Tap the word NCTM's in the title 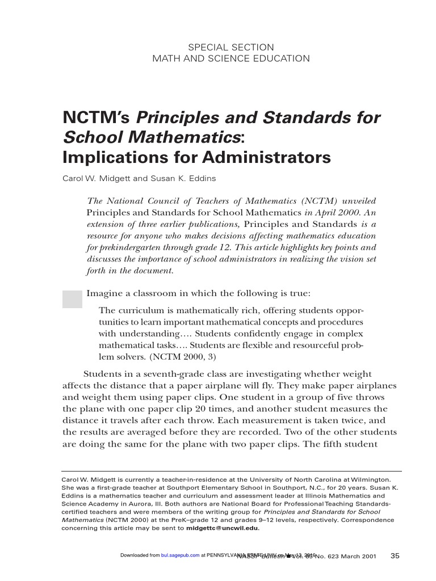(96, 117)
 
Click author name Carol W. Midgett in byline (96, 178)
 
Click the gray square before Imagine (72, 298)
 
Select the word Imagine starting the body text (106, 293)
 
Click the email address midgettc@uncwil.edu (223, 528)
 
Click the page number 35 (396, 555)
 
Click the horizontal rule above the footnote (232, 471)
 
